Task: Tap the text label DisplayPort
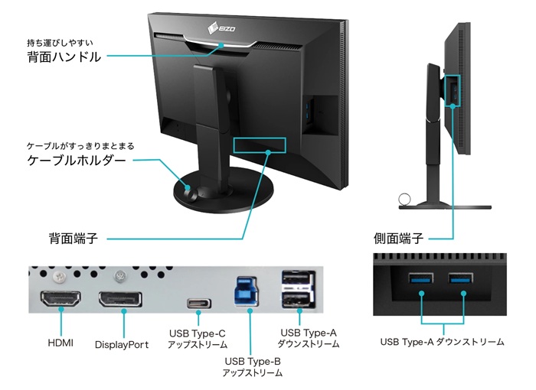122,345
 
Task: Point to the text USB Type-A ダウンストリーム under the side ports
442,342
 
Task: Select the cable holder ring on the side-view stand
404,200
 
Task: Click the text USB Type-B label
253,361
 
